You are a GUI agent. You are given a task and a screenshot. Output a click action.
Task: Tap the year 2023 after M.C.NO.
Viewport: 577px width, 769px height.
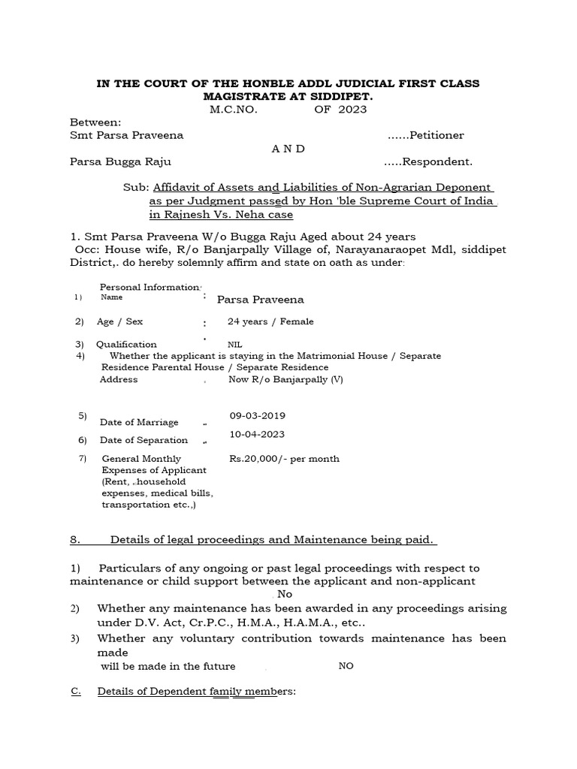[352, 110]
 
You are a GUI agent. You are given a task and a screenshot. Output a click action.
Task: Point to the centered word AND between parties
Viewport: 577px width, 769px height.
[288, 149]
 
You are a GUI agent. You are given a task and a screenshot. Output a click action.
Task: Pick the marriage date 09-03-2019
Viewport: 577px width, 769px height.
[257, 415]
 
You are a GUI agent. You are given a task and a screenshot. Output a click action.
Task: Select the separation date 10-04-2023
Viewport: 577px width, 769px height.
[257, 434]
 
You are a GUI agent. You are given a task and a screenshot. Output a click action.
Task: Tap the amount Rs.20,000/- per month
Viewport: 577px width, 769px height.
[284, 458]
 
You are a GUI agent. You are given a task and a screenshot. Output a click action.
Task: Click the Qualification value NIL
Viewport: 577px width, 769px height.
[235, 345]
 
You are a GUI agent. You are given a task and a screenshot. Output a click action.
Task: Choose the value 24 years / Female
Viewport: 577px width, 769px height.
[270, 321]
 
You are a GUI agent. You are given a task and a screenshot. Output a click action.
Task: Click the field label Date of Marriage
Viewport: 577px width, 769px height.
[141, 423]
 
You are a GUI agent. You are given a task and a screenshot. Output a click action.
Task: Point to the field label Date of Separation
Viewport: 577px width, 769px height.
[143, 440]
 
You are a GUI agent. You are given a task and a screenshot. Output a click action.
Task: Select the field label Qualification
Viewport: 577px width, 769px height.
[126, 345]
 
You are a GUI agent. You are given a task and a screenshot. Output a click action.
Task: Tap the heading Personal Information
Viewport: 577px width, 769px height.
[150, 288]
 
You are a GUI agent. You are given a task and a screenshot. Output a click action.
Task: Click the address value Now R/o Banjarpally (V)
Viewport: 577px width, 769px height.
[285, 379]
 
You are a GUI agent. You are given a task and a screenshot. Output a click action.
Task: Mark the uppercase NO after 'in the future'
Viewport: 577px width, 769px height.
[346, 666]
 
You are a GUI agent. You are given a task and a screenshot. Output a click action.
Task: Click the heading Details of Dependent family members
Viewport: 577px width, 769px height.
[197, 691]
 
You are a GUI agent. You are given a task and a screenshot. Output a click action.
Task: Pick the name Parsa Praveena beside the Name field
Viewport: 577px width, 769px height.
[260, 300]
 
